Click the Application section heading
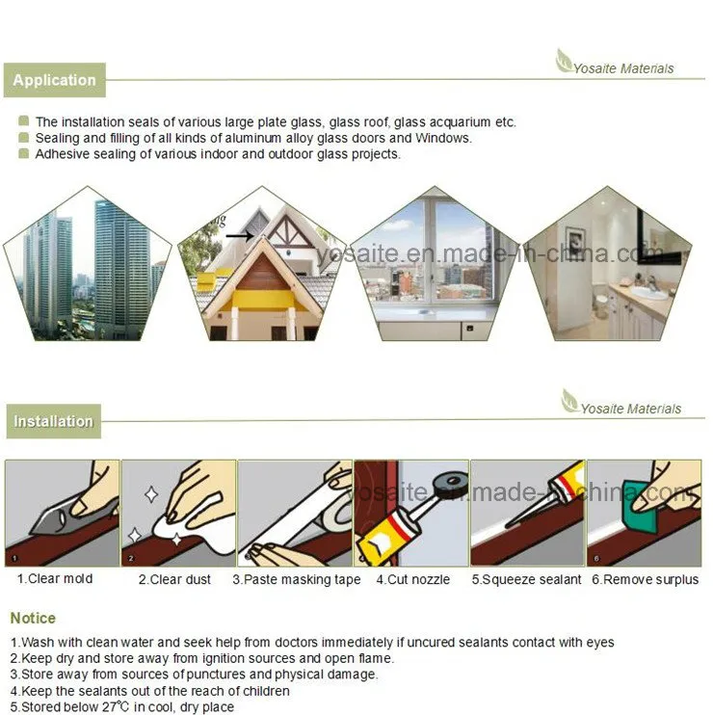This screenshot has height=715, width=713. click(x=54, y=80)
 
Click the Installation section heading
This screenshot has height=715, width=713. click(x=53, y=421)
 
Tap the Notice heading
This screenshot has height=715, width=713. click(x=33, y=618)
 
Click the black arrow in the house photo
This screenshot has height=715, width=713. click(x=239, y=235)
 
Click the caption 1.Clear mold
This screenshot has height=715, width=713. click(x=54, y=579)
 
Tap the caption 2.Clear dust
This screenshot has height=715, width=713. click(x=177, y=579)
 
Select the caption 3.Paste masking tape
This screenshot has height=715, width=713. click(x=296, y=579)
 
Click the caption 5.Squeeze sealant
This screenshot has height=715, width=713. click(x=526, y=579)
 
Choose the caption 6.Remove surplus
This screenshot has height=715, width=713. click(x=645, y=579)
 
